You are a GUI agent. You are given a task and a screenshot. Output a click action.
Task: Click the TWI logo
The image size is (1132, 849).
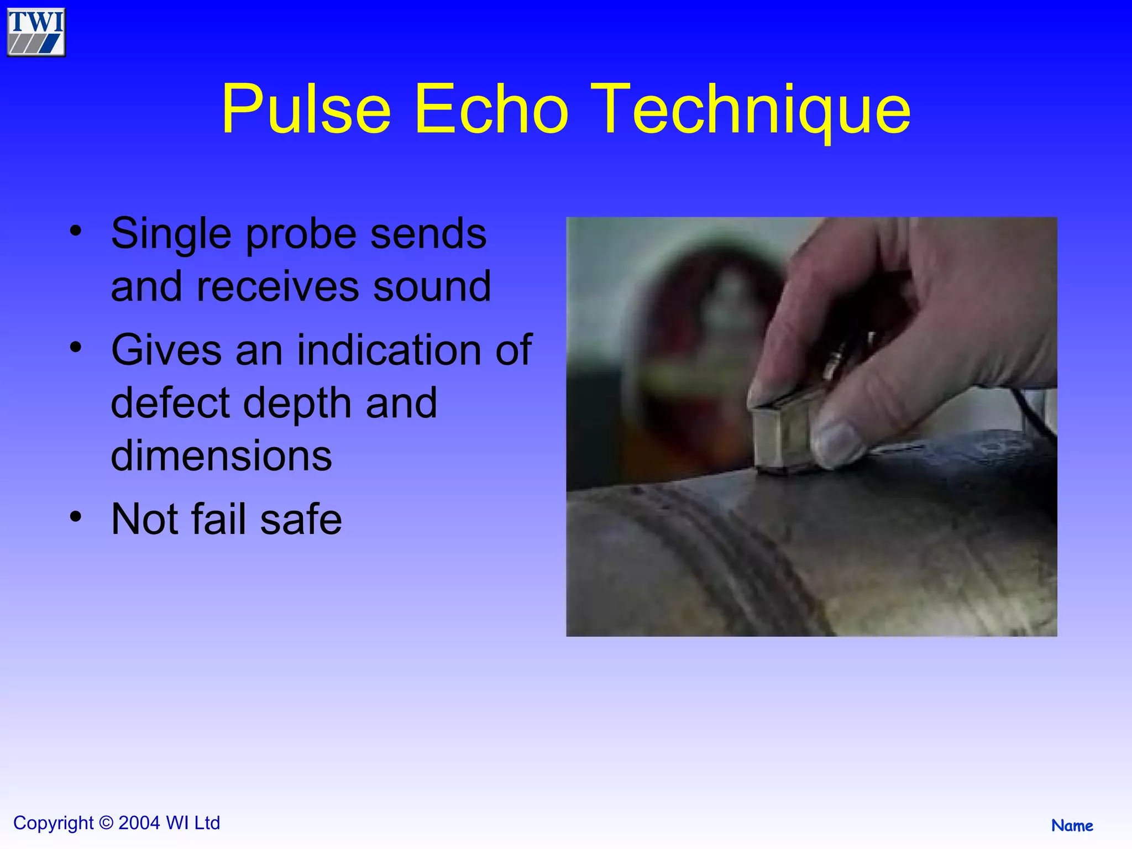pyautogui.click(x=36, y=32)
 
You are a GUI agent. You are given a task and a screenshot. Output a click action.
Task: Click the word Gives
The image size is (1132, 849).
pyautogui.click(x=166, y=350)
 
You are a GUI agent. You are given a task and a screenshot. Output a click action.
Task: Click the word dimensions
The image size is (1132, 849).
pyautogui.click(x=221, y=456)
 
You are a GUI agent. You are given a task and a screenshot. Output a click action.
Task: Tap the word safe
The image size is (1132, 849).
pyautogui.click(x=301, y=520)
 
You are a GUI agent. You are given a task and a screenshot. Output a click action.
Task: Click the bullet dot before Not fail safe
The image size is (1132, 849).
pyautogui.click(x=76, y=517)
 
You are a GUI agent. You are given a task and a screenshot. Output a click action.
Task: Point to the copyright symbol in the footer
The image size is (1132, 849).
pyautogui.click(x=106, y=823)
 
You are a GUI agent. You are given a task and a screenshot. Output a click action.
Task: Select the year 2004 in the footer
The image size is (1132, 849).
pyautogui.click(x=139, y=823)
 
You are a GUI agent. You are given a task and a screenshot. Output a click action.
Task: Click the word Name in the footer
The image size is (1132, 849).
pyautogui.click(x=1072, y=826)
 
